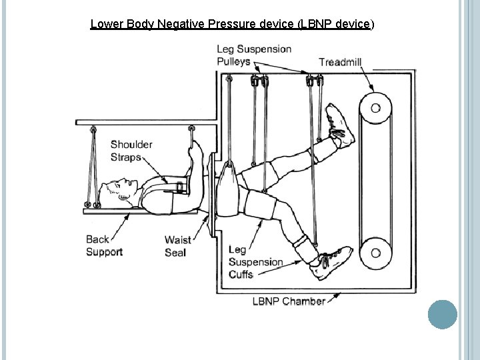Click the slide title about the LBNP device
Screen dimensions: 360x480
tap(232, 25)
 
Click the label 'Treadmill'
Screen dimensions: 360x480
tap(341, 62)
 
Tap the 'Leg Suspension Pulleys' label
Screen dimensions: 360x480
tap(253, 55)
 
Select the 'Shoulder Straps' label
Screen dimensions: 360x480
tap(131, 151)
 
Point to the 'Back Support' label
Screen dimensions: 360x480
tap(104, 245)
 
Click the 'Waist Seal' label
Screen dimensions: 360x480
tap(178, 246)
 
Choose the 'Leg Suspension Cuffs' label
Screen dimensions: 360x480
tap(255, 262)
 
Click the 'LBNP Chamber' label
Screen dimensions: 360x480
tap(289, 301)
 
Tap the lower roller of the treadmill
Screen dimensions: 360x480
tap(375, 253)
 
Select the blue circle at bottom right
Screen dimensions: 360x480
tap(441, 315)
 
